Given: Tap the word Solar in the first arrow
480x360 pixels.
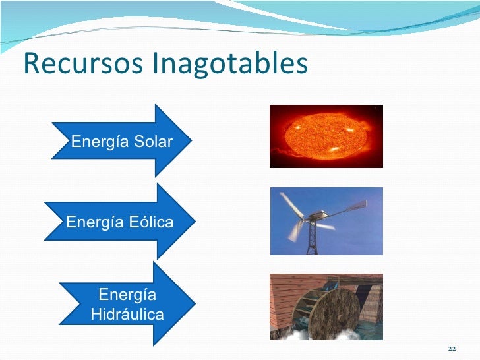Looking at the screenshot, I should click(x=152, y=142).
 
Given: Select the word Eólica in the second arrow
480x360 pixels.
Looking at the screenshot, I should click(x=150, y=222).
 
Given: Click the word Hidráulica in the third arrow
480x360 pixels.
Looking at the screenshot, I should click(x=127, y=315).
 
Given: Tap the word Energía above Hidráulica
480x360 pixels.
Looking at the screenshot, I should click(x=127, y=295).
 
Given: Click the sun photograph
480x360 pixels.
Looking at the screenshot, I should click(x=326, y=136).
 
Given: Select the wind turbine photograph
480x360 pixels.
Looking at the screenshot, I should click(x=326, y=221).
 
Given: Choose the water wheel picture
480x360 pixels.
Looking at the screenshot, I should click(x=326, y=307).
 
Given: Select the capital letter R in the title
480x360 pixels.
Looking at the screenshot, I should click(x=30, y=64).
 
